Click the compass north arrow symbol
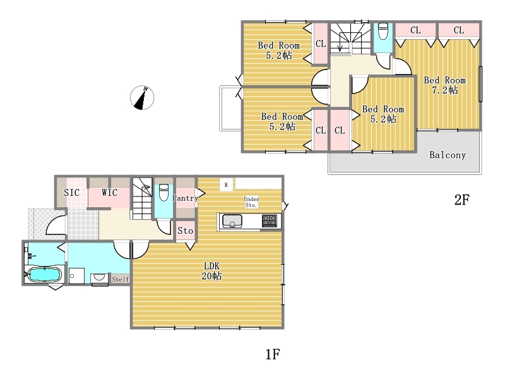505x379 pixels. coord(142,97)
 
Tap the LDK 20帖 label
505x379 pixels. coord(211,271)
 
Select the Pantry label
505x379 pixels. coord(185,198)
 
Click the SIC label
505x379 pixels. coord(71,193)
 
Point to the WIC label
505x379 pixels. coord(109,193)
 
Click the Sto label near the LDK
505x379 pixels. coord(185,231)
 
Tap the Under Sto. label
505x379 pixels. coord(251,202)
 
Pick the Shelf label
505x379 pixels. coord(120,279)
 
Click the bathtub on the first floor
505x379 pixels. coord(44,275)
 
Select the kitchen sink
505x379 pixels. coord(232,221)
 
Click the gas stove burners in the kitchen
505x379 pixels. coord(270,221)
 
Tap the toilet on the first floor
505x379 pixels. coord(164,193)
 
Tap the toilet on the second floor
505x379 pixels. coord(383,31)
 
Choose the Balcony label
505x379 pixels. coord(448,155)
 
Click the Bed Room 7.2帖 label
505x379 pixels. coord(445,85)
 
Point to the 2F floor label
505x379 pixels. coord(462,200)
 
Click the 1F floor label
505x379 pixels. coord(273,354)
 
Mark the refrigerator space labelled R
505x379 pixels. coord(226,185)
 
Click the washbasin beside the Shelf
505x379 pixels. coord(100,279)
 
